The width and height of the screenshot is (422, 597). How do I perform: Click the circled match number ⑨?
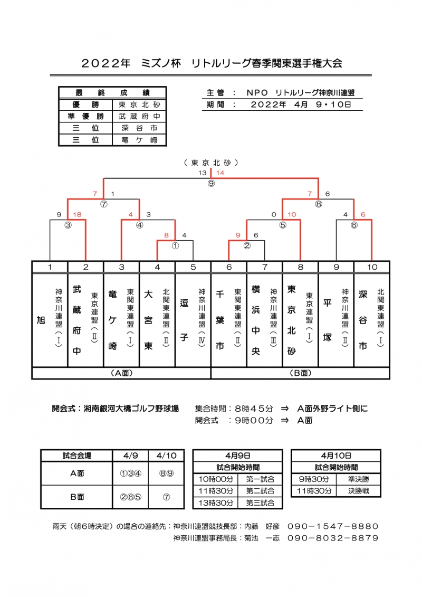211,184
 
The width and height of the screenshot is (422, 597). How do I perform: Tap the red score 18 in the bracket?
77,215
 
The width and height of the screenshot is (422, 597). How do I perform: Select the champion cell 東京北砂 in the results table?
139,104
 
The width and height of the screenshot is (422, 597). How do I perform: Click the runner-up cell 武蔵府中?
139,116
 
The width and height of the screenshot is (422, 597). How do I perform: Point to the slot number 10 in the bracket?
372,267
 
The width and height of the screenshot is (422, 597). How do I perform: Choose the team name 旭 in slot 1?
41,320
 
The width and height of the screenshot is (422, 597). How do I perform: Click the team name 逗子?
184,320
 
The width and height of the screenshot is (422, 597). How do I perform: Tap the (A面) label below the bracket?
121,373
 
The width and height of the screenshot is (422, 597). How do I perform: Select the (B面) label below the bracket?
300,373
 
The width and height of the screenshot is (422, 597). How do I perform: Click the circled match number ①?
175,245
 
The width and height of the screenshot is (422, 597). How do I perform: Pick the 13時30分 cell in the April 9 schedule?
215,503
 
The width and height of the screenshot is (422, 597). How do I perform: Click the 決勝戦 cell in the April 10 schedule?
358,491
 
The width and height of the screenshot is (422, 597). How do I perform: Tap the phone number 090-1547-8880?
333,526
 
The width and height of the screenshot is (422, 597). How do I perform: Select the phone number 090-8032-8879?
333,538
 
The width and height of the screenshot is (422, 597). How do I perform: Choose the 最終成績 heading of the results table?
112,92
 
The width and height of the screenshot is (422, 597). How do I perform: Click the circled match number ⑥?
354,224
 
